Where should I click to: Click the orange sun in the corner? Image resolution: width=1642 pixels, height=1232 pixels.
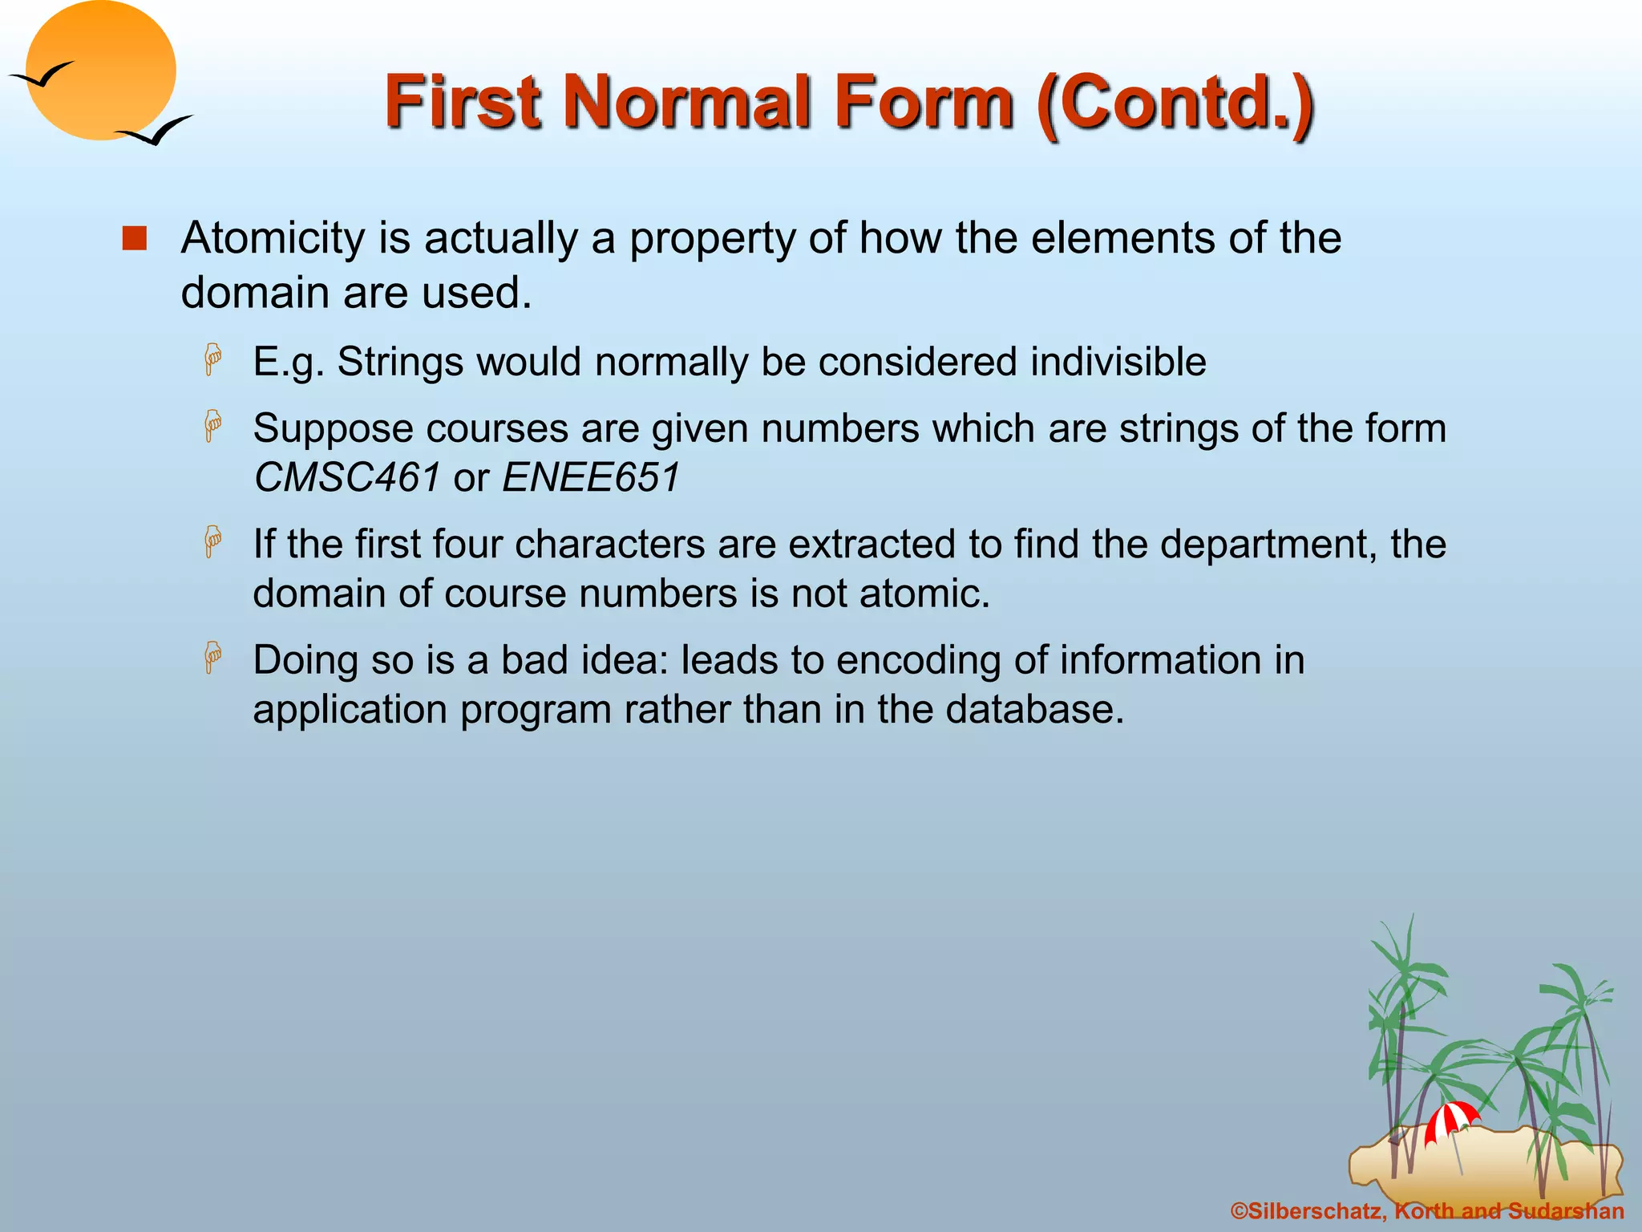click(100, 70)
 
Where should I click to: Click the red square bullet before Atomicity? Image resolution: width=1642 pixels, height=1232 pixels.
click(135, 239)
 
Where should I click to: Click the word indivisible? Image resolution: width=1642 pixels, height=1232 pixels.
click(1118, 362)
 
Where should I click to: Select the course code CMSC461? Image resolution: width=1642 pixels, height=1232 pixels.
click(346, 478)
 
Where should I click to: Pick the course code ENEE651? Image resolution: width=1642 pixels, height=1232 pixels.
click(591, 478)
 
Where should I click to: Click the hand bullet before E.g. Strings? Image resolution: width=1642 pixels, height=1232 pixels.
click(212, 359)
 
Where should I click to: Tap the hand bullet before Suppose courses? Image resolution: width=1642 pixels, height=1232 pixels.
click(212, 426)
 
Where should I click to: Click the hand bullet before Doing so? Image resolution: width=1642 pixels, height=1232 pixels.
click(212, 658)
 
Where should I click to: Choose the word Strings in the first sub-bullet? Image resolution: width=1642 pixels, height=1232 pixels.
click(400, 363)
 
